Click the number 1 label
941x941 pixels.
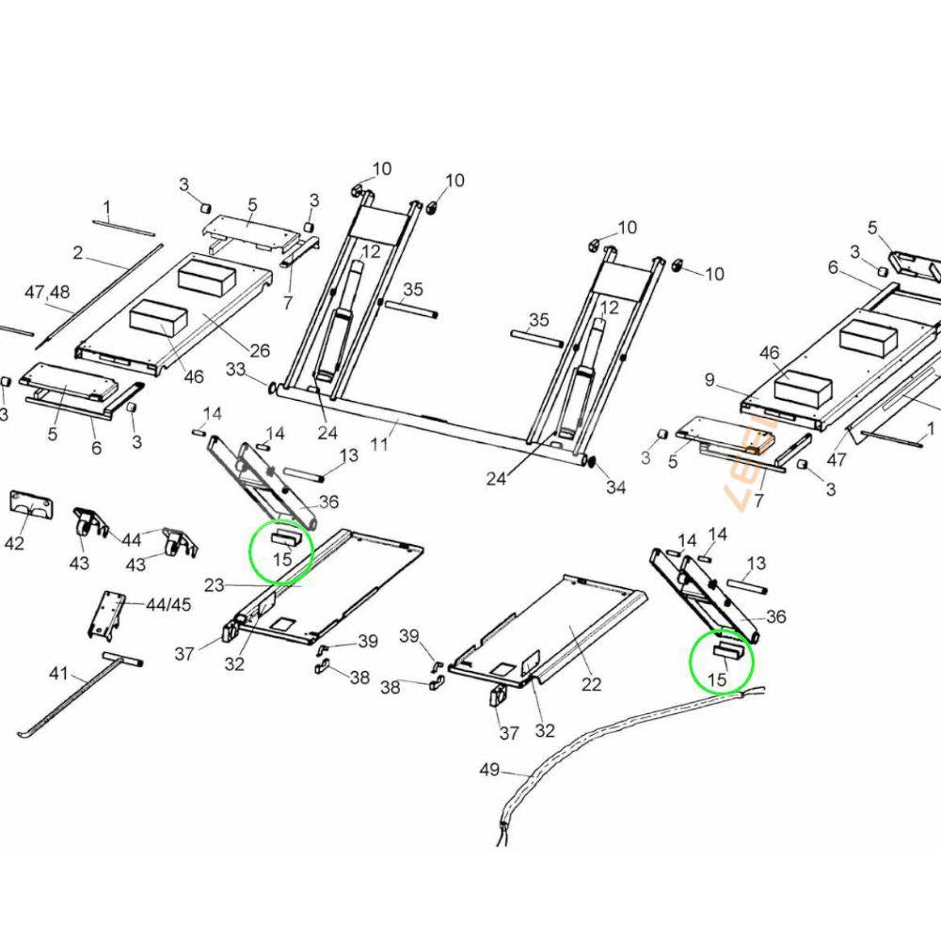tap(107, 207)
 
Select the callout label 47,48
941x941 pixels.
tap(48, 293)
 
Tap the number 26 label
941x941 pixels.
tap(260, 351)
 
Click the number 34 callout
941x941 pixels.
tap(616, 487)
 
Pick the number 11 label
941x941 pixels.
tap(378, 443)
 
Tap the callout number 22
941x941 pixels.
tap(590, 684)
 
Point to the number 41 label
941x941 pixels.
tap(58, 673)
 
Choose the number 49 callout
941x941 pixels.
tap(489, 770)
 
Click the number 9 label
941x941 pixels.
tap(710, 380)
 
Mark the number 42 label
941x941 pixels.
tap(15, 543)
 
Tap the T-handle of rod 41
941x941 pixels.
tap(122, 661)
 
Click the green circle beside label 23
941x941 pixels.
tap(280, 551)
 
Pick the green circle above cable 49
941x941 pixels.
tap(723, 662)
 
